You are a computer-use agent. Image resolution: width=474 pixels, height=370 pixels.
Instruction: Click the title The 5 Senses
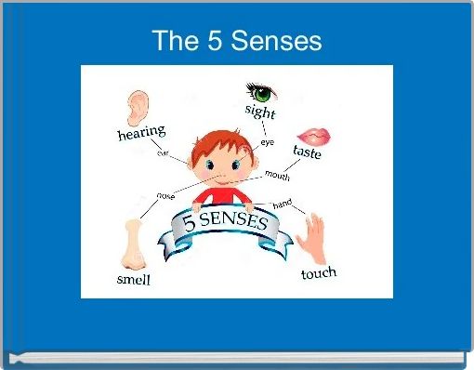click(x=237, y=41)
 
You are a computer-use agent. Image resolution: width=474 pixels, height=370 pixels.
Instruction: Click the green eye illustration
click(x=262, y=92)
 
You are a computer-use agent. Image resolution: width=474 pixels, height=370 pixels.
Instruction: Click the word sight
click(x=260, y=112)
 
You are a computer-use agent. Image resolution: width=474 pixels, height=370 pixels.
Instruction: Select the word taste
click(x=308, y=152)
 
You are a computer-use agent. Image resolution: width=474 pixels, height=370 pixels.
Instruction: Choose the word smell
click(x=133, y=278)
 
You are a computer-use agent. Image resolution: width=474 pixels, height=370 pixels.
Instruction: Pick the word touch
click(x=318, y=273)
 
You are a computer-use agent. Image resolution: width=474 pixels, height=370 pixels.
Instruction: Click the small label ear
click(x=164, y=152)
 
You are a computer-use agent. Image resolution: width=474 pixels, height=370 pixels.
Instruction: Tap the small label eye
click(x=268, y=142)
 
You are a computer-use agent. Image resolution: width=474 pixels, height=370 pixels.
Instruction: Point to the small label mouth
click(x=277, y=175)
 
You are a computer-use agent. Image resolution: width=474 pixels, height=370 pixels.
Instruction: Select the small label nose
click(x=166, y=195)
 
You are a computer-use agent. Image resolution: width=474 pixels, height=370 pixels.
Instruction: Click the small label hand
click(x=283, y=203)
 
